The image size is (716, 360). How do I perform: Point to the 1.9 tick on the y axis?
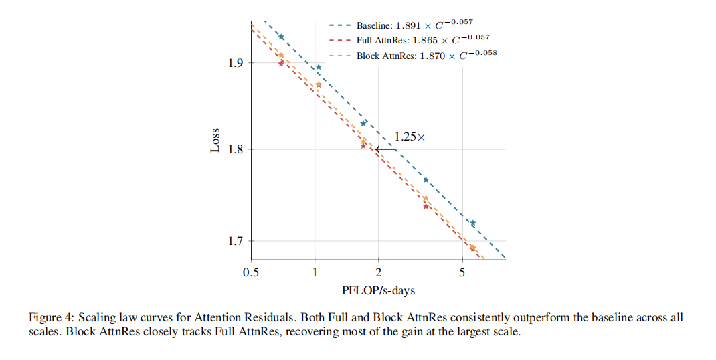236,63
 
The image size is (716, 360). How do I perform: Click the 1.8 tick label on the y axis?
236,149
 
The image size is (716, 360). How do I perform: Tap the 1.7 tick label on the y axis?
236,241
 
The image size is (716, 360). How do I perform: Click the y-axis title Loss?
215,141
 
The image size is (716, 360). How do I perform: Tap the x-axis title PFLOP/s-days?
378,290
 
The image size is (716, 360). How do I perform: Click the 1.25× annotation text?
410,137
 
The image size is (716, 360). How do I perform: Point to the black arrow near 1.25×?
385,149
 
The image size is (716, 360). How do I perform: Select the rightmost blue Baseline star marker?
473,223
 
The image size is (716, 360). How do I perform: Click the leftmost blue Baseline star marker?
281,37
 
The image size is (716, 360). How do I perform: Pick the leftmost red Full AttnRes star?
281,63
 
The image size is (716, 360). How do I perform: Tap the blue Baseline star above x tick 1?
319,67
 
